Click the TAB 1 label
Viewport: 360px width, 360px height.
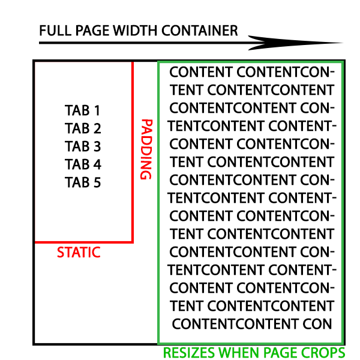pos(83,110)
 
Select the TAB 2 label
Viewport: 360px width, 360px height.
pos(83,128)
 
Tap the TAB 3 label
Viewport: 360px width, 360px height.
pos(83,146)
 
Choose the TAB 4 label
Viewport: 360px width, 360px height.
pos(83,164)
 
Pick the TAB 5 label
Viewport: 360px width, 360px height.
pos(83,182)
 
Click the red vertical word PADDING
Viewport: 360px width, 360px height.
pos(145,149)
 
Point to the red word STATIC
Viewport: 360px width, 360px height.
pos(79,253)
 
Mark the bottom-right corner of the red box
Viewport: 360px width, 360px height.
pos(132,242)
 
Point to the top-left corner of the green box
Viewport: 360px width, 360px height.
pos(158,61)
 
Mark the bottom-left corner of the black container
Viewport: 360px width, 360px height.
pos(34,343)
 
